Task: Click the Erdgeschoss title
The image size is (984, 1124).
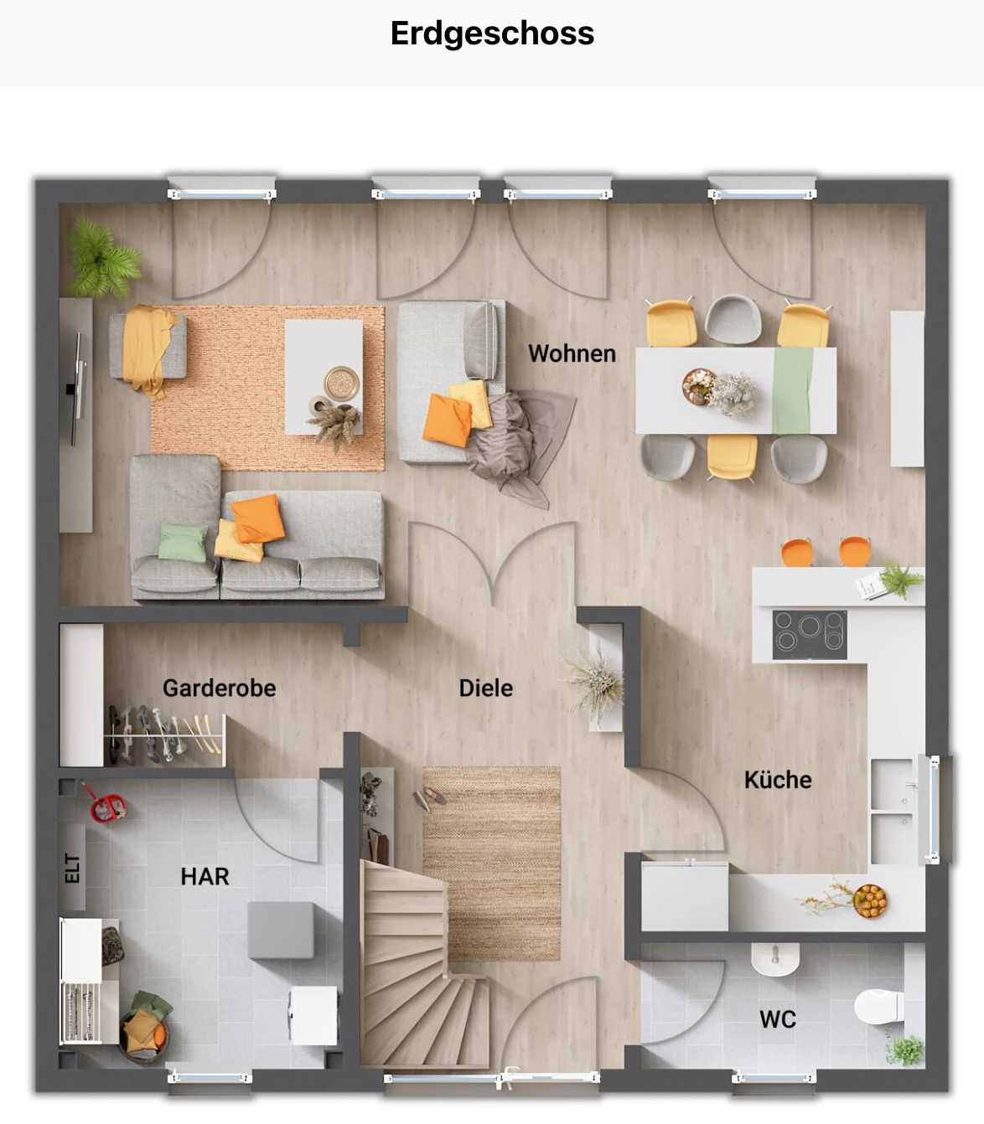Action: coord(492,34)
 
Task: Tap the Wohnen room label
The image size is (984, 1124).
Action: coord(572,353)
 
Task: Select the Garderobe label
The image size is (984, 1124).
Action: coord(220,688)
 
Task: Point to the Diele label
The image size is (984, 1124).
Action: coord(486,688)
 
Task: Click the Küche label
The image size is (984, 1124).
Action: coord(778,780)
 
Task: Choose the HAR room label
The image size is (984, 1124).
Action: coord(205,876)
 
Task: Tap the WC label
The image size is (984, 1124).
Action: coord(778,1019)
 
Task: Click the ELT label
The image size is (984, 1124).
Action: coord(72,868)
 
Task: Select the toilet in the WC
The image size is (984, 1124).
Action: coord(878,1006)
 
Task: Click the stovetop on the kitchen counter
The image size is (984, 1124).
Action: coord(809,635)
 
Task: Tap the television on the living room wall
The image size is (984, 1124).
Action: coord(78,389)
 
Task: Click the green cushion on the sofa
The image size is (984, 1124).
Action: coord(183,542)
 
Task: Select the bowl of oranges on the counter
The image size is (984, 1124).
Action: coord(870,901)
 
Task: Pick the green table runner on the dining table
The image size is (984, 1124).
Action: coord(792,390)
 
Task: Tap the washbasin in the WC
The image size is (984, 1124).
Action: coord(775,959)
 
